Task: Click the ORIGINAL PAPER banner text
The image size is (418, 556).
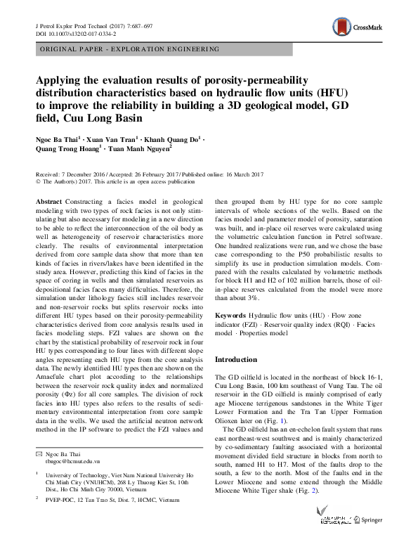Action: (x=129, y=49)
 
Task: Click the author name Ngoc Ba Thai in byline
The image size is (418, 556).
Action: (x=58, y=138)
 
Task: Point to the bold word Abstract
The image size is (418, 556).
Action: (x=48, y=201)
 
